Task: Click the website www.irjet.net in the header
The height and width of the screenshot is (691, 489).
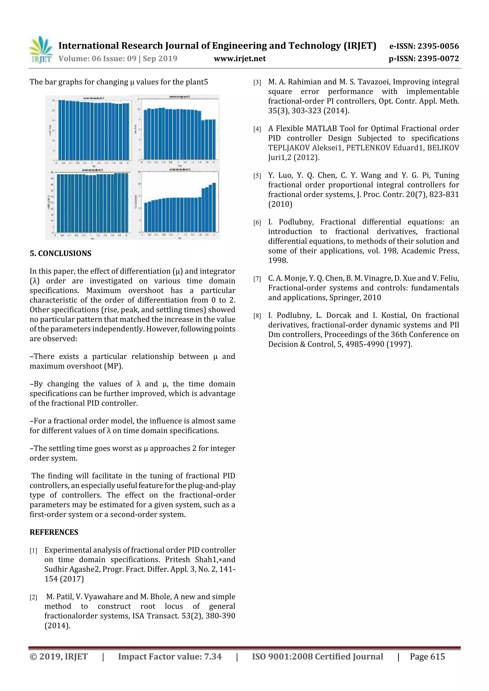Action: click(x=240, y=59)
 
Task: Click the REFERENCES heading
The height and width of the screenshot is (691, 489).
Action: click(x=54, y=532)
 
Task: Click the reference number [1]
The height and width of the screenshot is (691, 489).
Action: click(x=33, y=551)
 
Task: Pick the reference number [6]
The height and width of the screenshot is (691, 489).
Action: click(x=257, y=223)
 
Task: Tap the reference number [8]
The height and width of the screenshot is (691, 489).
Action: click(x=257, y=316)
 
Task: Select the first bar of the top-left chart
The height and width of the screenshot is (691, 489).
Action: click(x=60, y=130)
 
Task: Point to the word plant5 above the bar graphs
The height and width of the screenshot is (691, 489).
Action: click(x=197, y=82)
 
